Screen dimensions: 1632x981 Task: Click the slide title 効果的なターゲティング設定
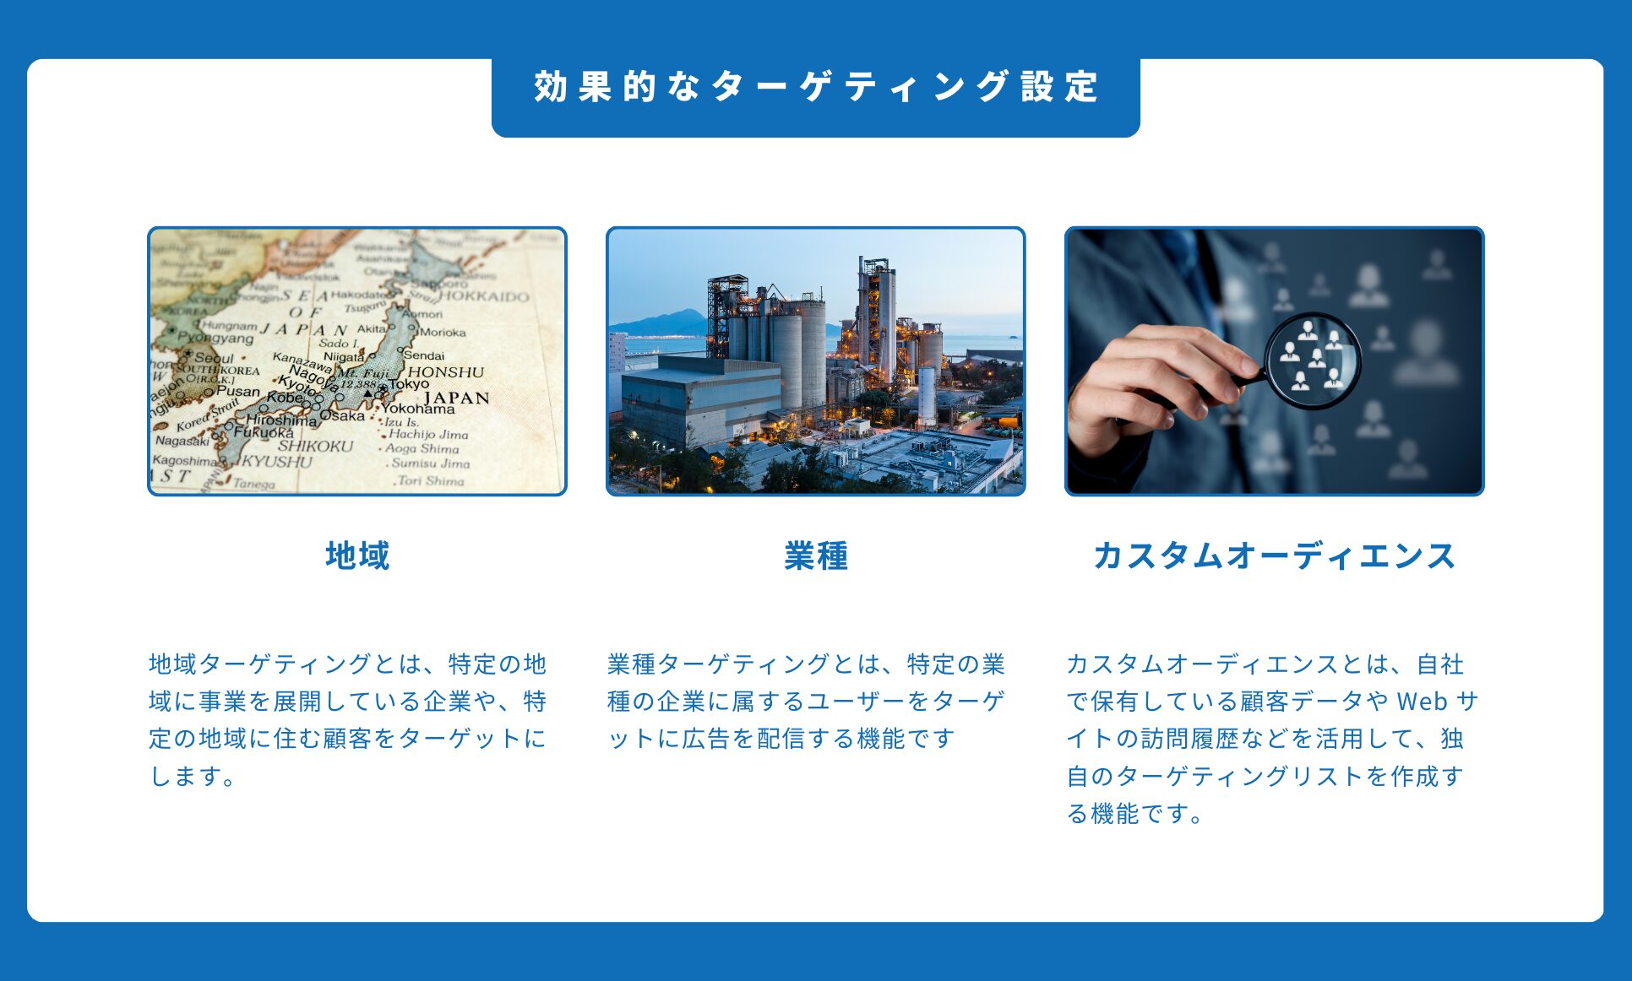(x=816, y=87)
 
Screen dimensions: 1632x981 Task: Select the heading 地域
(x=357, y=556)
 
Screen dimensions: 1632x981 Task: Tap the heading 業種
(x=816, y=556)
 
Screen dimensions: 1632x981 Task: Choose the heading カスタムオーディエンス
(x=1274, y=556)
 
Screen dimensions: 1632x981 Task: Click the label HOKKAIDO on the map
(x=484, y=296)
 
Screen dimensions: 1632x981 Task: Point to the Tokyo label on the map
(x=409, y=383)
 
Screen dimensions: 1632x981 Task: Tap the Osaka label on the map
(x=342, y=415)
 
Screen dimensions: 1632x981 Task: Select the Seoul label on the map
(x=213, y=358)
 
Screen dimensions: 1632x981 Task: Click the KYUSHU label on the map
(x=277, y=462)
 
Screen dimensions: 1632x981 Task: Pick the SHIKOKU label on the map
(x=316, y=446)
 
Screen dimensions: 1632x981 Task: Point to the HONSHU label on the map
(x=446, y=371)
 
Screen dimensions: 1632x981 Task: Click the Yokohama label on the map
(x=417, y=409)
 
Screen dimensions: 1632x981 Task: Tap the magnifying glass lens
(x=1312, y=360)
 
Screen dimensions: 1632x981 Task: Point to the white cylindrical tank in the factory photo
(x=927, y=395)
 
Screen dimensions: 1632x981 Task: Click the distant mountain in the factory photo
(x=659, y=322)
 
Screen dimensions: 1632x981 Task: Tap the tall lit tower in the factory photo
(x=877, y=317)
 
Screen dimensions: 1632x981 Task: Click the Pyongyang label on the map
(x=215, y=338)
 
